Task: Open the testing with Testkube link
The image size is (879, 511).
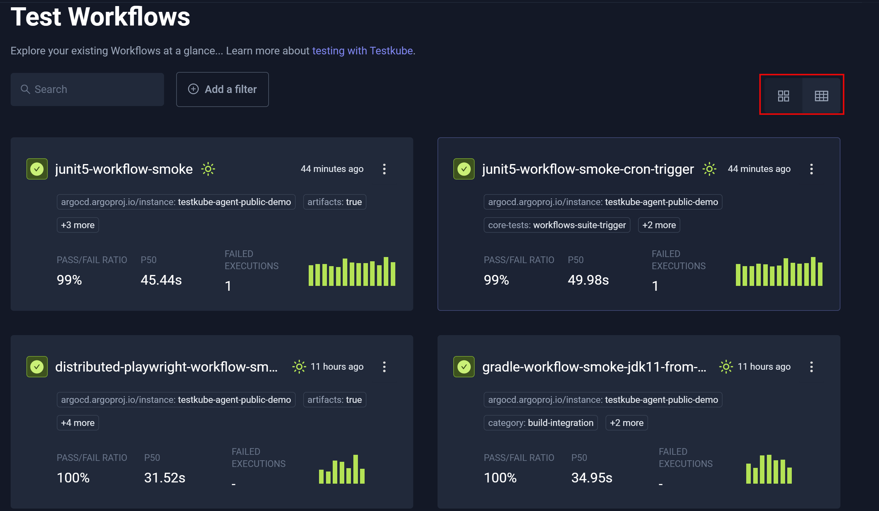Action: (x=362, y=51)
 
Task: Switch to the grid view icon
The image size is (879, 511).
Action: (x=783, y=96)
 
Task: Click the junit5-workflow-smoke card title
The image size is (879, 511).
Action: (x=124, y=169)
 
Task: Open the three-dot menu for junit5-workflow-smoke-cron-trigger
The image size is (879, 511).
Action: (x=811, y=169)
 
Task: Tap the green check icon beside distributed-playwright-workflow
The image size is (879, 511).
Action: (x=37, y=367)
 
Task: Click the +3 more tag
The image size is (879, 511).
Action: (x=78, y=225)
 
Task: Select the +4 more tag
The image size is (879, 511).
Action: (x=78, y=423)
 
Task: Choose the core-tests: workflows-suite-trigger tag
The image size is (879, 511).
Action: (x=557, y=225)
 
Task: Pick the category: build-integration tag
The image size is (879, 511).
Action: (x=540, y=423)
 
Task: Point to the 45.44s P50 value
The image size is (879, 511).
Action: (x=161, y=280)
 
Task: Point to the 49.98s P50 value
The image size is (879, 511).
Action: (x=588, y=280)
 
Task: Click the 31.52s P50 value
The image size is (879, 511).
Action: (x=165, y=478)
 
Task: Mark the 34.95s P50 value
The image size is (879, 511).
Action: (x=592, y=478)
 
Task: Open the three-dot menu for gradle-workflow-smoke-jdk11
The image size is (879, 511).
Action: (x=811, y=367)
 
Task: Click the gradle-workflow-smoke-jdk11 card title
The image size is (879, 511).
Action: (x=594, y=367)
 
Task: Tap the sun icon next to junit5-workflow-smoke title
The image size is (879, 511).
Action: (x=208, y=169)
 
